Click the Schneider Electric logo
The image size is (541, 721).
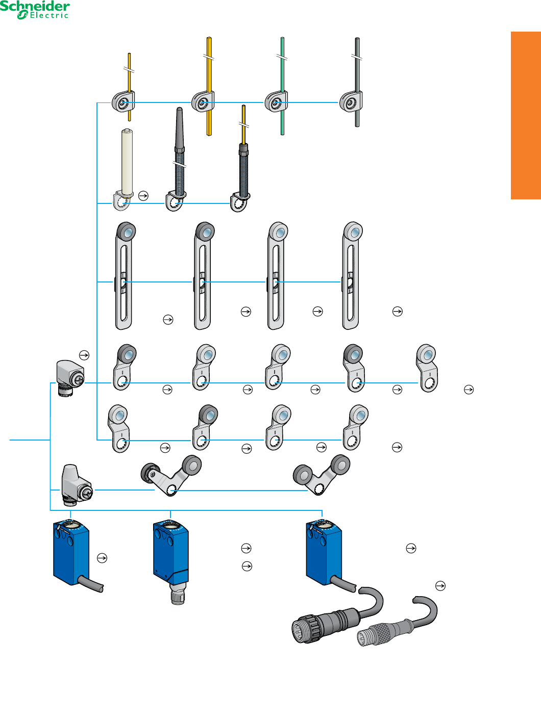[x=35, y=10]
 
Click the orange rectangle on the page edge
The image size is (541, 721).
[x=526, y=115]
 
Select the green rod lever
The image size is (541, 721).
[x=282, y=86]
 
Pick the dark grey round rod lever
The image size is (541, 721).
[x=357, y=82]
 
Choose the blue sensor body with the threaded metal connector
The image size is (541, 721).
[x=170, y=562]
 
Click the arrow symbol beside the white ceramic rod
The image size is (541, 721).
[x=143, y=196]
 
